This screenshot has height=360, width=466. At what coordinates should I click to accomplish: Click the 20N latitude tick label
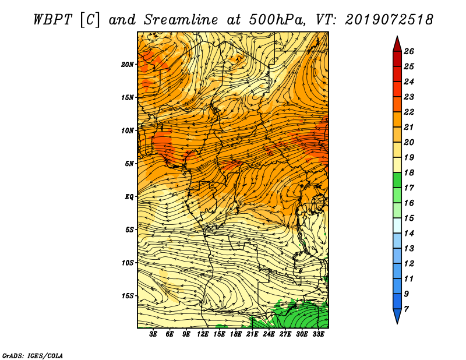click(128, 65)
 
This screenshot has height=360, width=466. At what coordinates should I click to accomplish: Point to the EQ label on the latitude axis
click(129, 197)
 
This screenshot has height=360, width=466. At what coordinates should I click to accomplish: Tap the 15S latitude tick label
click(128, 296)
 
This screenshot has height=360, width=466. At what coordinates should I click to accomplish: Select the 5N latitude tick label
click(129, 164)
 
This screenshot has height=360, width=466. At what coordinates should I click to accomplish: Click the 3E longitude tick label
click(153, 334)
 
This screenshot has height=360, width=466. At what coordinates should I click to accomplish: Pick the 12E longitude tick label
click(203, 334)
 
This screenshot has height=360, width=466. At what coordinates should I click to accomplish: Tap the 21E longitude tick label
click(252, 334)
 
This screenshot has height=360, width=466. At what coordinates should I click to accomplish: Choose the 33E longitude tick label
click(318, 334)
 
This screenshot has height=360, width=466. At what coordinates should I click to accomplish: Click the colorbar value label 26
click(409, 51)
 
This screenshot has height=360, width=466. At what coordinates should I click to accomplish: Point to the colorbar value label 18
click(409, 172)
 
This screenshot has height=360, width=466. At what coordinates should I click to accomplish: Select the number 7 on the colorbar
click(406, 309)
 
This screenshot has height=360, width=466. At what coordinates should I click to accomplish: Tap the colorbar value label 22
click(409, 112)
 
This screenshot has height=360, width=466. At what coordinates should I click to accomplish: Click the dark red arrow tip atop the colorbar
click(397, 36)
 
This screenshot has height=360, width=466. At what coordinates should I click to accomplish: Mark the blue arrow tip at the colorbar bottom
click(397, 323)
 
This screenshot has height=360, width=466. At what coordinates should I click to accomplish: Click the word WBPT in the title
click(53, 20)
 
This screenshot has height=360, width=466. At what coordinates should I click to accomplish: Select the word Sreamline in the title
click(181, 20)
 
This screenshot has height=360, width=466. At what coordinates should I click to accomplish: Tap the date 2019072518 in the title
click(389, 20)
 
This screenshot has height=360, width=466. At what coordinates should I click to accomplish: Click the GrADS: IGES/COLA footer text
click(33, 355)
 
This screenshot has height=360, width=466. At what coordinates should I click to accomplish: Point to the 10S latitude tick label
click(128, 263)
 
